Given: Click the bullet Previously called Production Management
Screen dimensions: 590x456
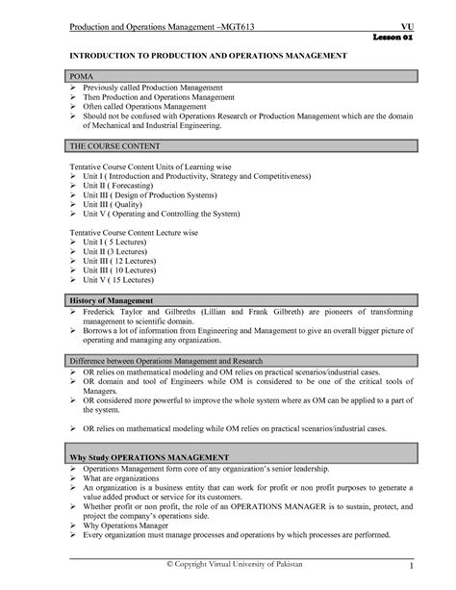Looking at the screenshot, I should pos(154,88).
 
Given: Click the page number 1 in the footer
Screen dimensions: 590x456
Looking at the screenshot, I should pos(410,564).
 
